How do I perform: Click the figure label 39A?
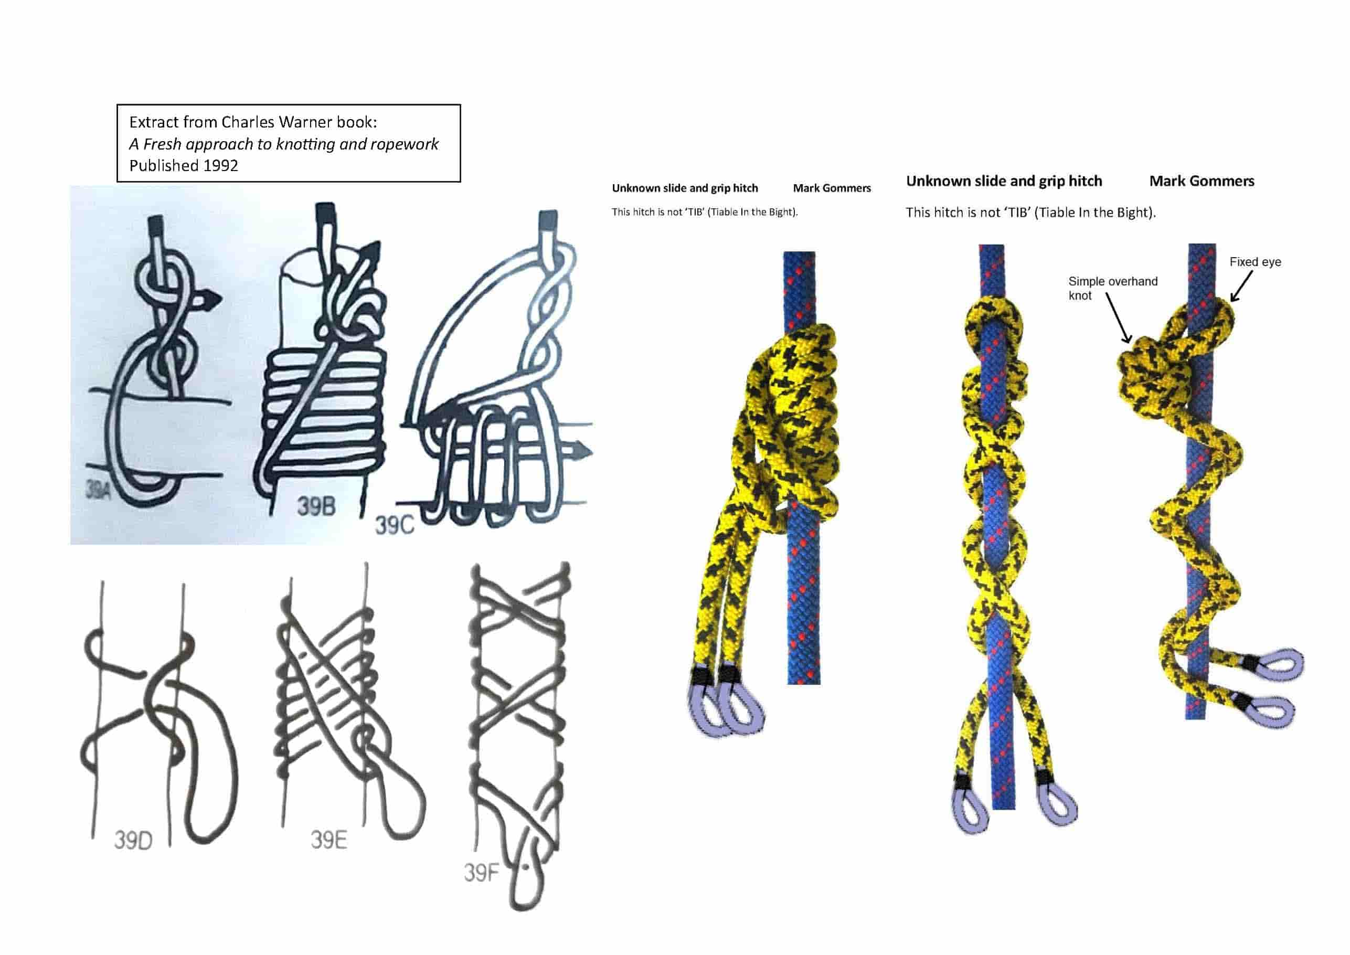pos(98,489)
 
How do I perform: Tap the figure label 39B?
pos(316,506)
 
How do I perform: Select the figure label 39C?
pos(395,525)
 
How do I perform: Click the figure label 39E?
pos(328,840)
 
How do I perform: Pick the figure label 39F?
pos(481,873)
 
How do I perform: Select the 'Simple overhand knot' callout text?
pos(1112,288)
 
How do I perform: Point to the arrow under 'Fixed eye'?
pos(1241,287)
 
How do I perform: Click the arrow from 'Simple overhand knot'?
pos(1118,317)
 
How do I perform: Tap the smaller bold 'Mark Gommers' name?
pos(832,188)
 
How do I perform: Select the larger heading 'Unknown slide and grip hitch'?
pos(1004,181)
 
